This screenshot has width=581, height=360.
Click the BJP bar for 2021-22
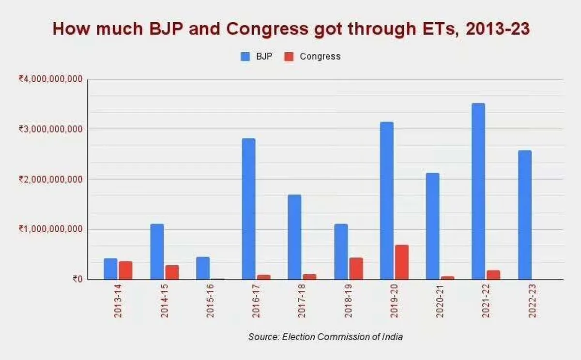[478, 191]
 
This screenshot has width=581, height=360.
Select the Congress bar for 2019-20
[401, 262]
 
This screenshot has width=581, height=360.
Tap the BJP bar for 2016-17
[248, 209]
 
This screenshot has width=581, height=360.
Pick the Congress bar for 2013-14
[125, 270]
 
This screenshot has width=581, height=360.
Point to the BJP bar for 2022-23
[524, 215]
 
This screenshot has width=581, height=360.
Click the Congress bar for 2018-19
[356, 269]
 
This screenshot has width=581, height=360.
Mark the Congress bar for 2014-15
[172, 272]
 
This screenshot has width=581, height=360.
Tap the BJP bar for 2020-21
[432, 226]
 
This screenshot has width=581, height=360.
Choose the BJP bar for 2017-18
[294, 237]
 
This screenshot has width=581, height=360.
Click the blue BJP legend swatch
[245, 57]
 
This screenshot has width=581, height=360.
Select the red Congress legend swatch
[289, 57]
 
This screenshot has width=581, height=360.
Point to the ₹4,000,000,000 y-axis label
[50, 79]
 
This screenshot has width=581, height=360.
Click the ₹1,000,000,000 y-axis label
[50, 229]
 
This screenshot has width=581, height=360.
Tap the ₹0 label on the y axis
[77, 279]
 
